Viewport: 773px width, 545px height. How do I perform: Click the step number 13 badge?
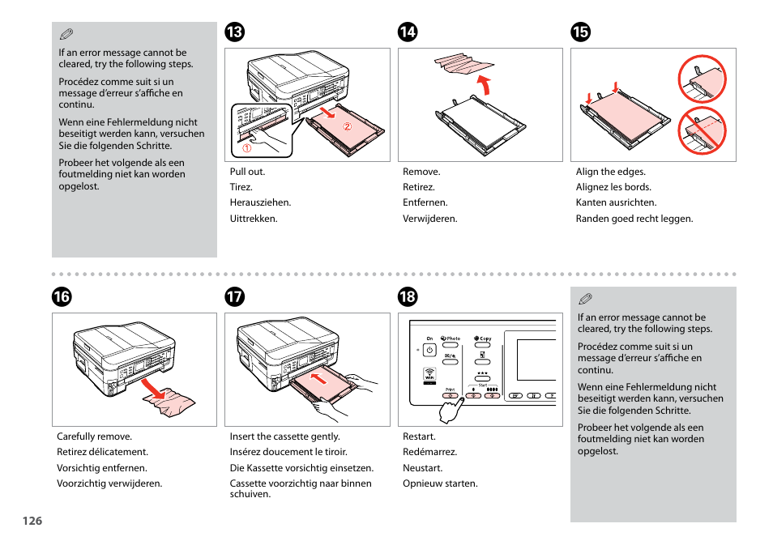(235, 32)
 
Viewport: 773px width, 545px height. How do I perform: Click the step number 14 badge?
(408, 32)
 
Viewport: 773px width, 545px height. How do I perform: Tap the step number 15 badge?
(580, 32)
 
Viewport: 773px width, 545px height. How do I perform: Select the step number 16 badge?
(62, 297)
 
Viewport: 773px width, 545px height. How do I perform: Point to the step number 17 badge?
(235, 297)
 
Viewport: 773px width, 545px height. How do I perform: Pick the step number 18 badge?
(408, 297)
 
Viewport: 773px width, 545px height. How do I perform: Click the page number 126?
(32, 521)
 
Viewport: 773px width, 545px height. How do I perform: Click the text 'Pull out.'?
(247, 172)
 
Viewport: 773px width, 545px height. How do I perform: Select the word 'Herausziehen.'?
(260, 203)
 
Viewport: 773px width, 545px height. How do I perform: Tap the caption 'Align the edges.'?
(610, 172)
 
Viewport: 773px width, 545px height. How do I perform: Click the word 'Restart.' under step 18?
(419, 436)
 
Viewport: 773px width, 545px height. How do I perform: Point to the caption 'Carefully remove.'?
(94, 436)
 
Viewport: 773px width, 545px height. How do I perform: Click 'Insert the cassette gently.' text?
(284, 436)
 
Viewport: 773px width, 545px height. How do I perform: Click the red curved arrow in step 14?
(484, 84)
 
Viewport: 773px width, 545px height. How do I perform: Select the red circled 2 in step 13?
(346, 127)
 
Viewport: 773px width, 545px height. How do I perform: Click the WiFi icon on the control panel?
(429, 375)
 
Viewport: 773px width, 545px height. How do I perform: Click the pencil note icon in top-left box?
(66, 34)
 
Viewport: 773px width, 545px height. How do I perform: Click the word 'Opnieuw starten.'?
(440, 483)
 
